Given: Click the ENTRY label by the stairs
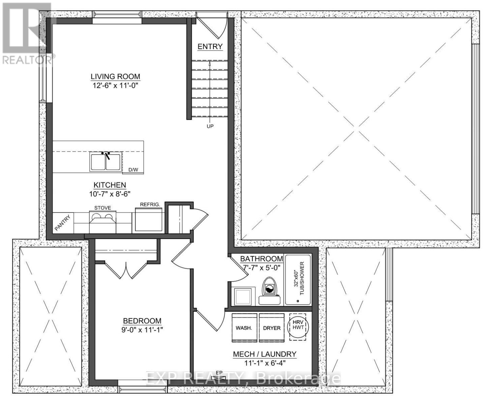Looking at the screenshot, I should point(210,47).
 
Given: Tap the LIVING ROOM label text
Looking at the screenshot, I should point(115,76).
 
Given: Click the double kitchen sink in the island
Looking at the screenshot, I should point(105,161).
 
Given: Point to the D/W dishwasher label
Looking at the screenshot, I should point(133,170).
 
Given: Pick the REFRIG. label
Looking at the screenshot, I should point(150,204).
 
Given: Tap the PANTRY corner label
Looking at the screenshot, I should point(64,222).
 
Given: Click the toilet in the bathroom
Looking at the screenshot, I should point(270,290).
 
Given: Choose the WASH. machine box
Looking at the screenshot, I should point(244,328).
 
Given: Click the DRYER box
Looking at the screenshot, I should point(272,328).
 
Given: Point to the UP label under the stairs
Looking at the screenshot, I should point(210,126).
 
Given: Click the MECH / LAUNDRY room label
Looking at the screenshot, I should point(265,354).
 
